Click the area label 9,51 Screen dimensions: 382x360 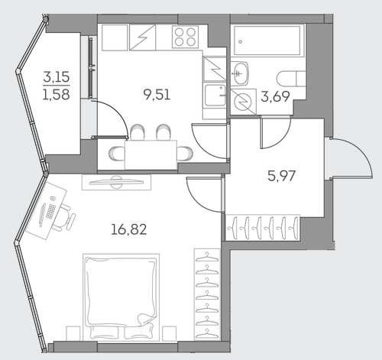[x=157, y=95]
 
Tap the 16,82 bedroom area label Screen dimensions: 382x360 [x=129, y=229]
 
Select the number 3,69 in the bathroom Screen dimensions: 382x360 [x=275, y=96]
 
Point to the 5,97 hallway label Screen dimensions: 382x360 [x=282, y=176]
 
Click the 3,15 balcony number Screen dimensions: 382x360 [x=57, y=76]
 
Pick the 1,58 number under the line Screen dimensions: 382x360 [x=56, y=94]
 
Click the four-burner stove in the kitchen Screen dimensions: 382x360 [x=185, y=37]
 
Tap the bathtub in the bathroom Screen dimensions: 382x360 [x=267, y=41]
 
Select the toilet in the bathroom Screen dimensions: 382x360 [x=291, y=79]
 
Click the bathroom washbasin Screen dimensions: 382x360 [x=240, y=73]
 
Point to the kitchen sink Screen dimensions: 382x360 [x=215, y=96]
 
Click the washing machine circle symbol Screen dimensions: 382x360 [x=243, y=102]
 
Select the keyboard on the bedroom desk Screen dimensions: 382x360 [x=51, y=211]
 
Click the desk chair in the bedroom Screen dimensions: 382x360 [x=65, y=217]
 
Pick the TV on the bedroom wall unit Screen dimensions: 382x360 [x=116, y=182]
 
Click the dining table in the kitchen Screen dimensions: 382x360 [x=151, y=155]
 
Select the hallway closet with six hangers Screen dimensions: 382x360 [x=263, y=228]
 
